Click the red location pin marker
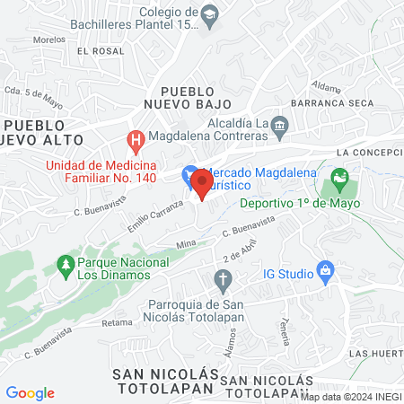pos(202,185)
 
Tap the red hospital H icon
pos(135,140)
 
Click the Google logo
pos(30,393)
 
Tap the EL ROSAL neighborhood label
pos(100,51)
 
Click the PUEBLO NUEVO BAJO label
pos(188,98)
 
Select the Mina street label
pos(186,244)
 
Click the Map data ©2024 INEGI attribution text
pos(350,397)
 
